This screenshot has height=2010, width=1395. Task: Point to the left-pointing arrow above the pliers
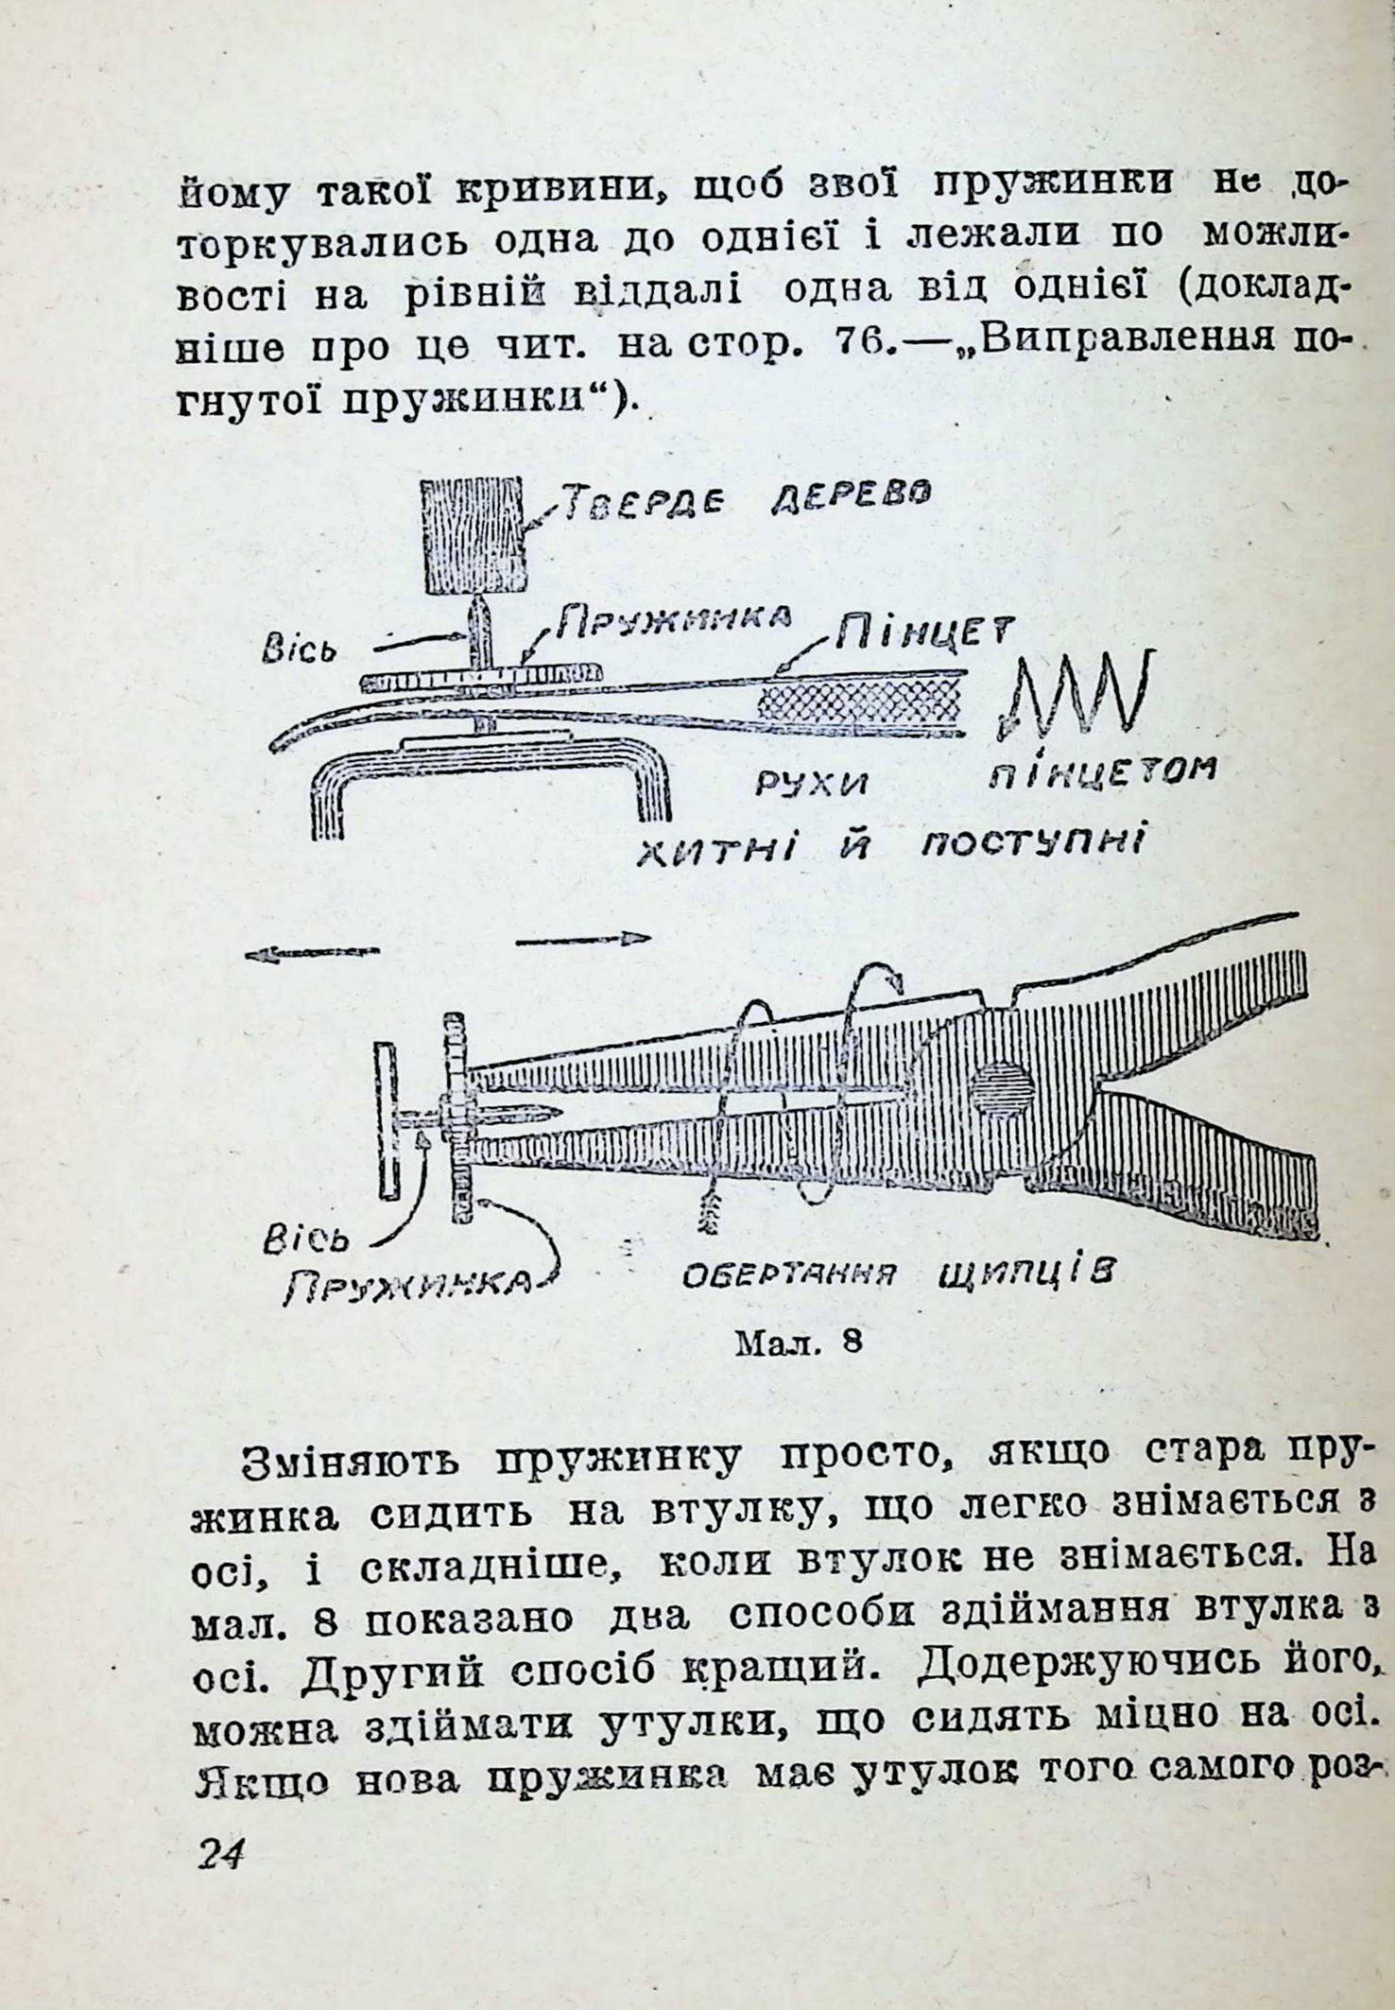coord(312,955)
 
